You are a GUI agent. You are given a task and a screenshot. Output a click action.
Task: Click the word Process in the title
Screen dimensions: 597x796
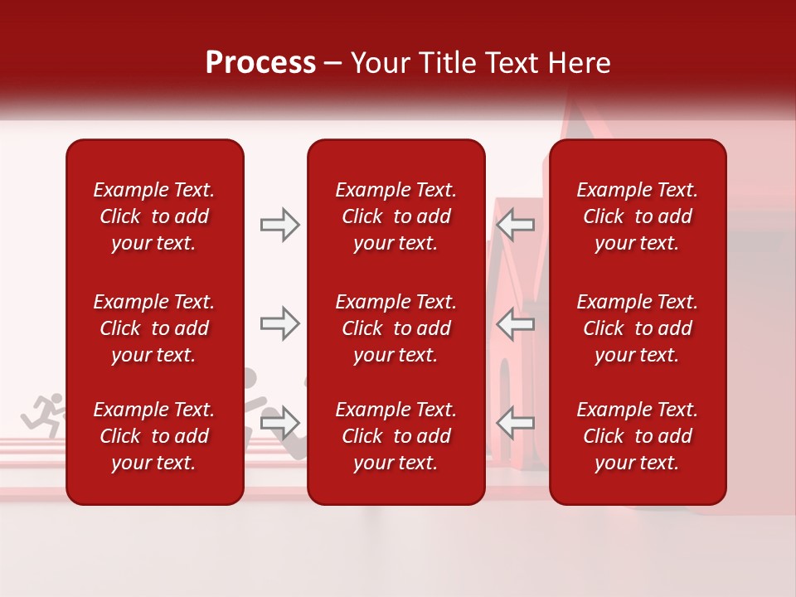[x=260, y=63]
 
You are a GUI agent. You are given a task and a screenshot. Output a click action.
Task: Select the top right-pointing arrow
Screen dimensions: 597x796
[x=279, y=225]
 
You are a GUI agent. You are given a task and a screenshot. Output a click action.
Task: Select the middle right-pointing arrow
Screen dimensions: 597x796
[x=279, y=323]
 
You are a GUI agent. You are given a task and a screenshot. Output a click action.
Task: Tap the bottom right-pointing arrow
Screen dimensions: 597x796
[x=279, y=423]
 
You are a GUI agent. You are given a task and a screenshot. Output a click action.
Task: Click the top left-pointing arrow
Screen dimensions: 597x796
[x=516, y=225]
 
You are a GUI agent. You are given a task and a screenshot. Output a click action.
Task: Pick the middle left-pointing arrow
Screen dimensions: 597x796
[x=516, y=323]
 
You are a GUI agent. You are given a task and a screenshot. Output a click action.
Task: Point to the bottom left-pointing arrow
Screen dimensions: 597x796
[x=516, y=423]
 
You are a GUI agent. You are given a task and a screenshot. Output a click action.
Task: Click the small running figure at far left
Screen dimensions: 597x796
[x=43, y=415]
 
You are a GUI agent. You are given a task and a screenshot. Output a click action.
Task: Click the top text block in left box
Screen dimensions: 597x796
[x=154, y=216]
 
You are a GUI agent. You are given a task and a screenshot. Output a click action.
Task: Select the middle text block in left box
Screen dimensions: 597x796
[x=154, y=328]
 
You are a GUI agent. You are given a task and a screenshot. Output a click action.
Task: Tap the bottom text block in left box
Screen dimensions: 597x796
[x=154, y=436]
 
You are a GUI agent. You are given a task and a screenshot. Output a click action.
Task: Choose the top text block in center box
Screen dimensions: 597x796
[x=396, y=216]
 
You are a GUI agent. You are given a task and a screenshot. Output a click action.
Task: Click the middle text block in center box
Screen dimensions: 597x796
[x=396, y=328]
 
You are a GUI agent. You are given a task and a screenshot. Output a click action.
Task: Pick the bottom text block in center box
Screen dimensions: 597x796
[x=396, y=436]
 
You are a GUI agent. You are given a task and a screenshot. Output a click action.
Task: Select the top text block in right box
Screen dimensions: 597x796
[x=637, y=216]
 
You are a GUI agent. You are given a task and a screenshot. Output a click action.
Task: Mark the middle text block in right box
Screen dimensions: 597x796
[x=637, y=328]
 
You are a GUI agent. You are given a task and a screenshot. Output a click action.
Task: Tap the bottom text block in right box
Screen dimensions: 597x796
[x=637, y=436]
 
